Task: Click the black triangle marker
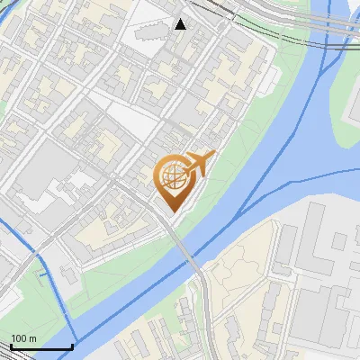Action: coord(181,24)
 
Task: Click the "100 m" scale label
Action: coord(24,338)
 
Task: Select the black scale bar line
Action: coord(41,346)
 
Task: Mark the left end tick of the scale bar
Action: coord(11,345)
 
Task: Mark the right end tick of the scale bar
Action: coord(72,345)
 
